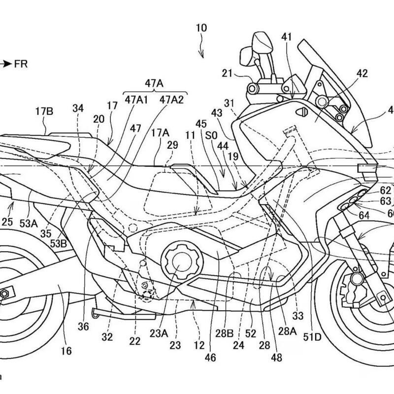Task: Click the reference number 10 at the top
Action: coord(202,28)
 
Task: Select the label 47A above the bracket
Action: coord(154,84)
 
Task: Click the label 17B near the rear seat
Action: coord(44,111)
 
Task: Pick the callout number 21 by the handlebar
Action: coord(227,74)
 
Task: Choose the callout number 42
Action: coord(362,74)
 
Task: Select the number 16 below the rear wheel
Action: coord(66,351)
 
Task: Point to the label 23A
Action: coord(159,332)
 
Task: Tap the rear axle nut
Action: coord(4,293)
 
